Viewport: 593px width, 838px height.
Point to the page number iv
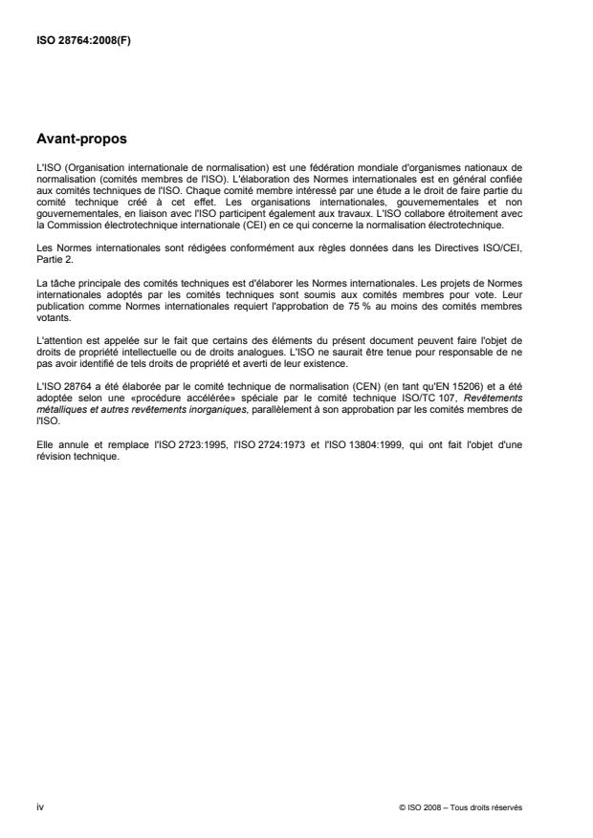pos(39,806)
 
